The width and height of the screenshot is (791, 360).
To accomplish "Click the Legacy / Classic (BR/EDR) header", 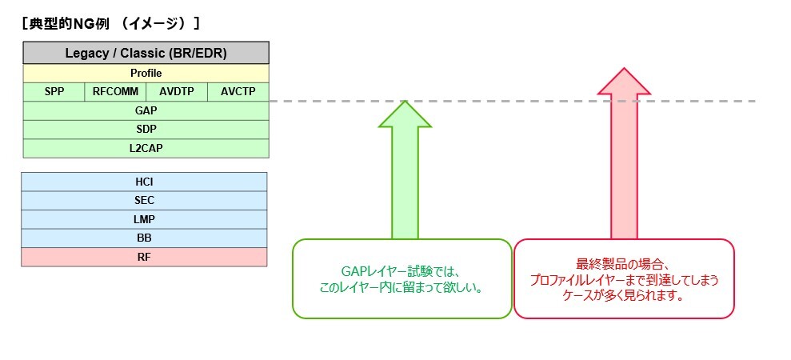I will click(146, 54).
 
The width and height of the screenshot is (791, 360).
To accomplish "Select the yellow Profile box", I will click(146, 73).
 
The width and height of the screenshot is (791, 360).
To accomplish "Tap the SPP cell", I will click(54, 91).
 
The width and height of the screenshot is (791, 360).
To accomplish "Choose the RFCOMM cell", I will click(115, 91).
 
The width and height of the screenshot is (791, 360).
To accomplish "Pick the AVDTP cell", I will click(177, 91).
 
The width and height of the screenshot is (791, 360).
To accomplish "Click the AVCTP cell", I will click(238, 91).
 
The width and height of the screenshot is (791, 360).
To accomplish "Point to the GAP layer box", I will click(146, 110).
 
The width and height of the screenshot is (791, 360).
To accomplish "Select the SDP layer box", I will click(146, 129).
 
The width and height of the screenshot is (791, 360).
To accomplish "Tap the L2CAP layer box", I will click(146, 148).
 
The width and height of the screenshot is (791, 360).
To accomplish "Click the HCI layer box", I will click(145, 182).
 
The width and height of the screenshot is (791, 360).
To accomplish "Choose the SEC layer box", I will click(145, 201).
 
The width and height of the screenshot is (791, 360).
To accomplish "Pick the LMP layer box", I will click(145, 219).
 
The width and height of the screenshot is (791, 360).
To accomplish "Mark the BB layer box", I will click(145, 238).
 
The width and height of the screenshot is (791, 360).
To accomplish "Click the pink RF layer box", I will click(145, 257).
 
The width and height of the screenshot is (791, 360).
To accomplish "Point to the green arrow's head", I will click(405, 116).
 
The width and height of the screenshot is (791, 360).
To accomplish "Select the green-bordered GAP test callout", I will click(401, 278).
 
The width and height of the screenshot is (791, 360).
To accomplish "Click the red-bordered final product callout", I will click(623, 278).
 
